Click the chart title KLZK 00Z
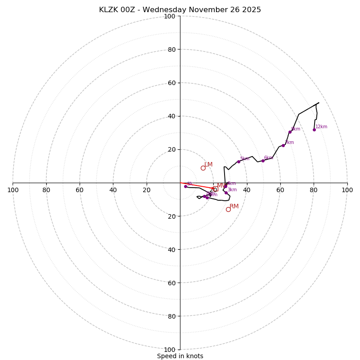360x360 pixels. point(180,10)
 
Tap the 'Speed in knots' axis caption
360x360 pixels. point(180,356)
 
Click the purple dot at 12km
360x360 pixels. point(314,130)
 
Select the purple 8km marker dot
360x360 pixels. point(290,132)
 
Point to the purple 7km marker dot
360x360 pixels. point(283,145)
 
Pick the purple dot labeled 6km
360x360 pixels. point(263,161)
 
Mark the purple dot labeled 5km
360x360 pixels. point(238,162)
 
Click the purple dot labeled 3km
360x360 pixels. point(226,193)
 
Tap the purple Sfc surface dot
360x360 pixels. point(185,186)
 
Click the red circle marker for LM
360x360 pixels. point(203,168)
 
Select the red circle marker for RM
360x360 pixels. point(228,209)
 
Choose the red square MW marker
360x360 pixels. point(216,189)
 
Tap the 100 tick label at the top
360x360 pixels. point(170,16)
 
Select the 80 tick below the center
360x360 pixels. point(170,316)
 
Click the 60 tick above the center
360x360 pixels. point(171,83)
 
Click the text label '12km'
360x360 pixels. point(321,127)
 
